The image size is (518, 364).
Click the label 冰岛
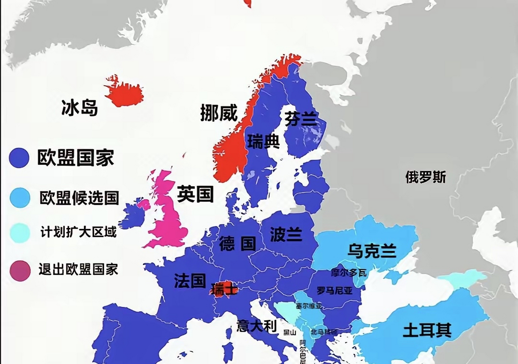click(x=80, y=108)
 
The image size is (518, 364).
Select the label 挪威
click(x=219, y=113)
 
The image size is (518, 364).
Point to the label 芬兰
click(x=301, y=119)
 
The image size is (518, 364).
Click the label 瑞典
click(x=263, y=142)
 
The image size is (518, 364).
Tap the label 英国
click(x=195, y=194)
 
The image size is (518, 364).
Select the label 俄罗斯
click(x=425, y=177)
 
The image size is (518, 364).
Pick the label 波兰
click(x=286, y=235)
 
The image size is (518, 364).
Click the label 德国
click(x=237, y=244)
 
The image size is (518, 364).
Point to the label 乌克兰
click(x=372, y=251)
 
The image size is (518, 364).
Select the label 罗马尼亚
click(x=335, y=291)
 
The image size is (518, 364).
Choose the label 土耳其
click(x=427, y=331)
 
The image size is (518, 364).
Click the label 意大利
click(x=257, y=326)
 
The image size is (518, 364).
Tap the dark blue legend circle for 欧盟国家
click(x=19, y=158)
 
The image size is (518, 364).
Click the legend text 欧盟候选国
click(x=79, y=198)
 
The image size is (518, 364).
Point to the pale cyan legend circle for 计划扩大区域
click(x=20, y=233)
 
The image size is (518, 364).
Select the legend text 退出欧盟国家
click(x=78, y=270)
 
